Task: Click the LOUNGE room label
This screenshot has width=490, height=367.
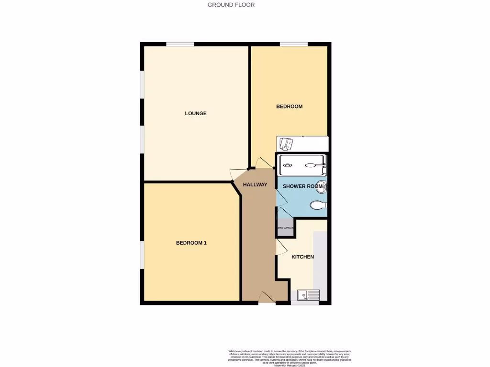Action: [196, 113]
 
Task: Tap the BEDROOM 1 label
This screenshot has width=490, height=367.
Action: [191, 243]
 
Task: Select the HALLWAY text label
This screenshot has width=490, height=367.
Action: [255, 184]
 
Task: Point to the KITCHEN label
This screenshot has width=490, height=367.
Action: [303, 257]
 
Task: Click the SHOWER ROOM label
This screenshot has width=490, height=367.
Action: [302, 186]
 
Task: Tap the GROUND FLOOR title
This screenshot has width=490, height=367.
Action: [231, 5]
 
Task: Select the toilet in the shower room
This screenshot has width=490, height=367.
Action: [318, 205]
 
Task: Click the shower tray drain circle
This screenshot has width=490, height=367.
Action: [288, 166]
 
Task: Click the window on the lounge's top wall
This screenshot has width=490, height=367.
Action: [180, 44]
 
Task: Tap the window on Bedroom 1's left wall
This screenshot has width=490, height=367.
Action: [142, 255]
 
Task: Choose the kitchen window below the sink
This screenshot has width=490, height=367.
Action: [305, 302]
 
